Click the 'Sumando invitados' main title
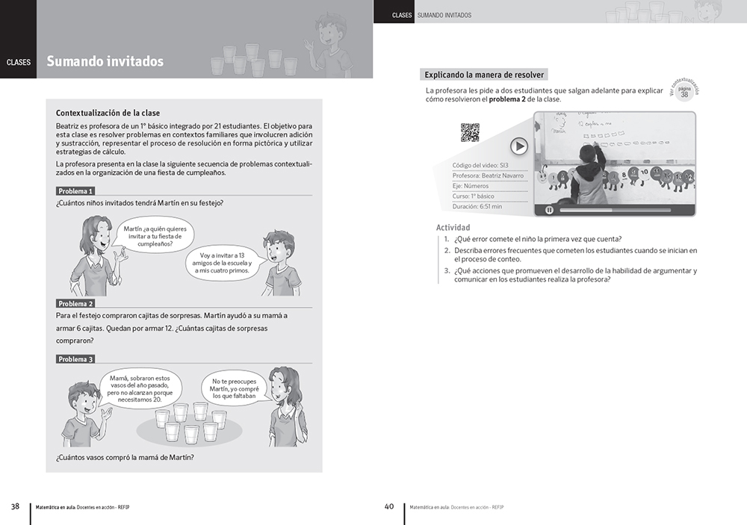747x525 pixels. (x=105, y=62)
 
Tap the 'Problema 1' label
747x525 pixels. (x=75, y=191)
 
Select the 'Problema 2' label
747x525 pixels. (x=75, y=304)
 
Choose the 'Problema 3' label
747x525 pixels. (x=75, y=359)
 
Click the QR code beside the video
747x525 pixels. (x=470, y=132)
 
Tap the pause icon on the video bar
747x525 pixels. (x=549, y=210)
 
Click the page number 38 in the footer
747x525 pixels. (x=15, y=506)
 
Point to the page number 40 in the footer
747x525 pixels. (x=388, y=506)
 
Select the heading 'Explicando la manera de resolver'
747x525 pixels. (x=484, y=75)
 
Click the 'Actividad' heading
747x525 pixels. (x=453, y=228)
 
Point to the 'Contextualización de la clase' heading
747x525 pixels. (x=108, y=113)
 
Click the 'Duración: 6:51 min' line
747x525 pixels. (x=477, y=206)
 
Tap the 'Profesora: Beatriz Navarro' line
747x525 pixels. (x=488, y=175)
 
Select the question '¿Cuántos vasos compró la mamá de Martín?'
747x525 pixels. (x=125, y=458)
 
